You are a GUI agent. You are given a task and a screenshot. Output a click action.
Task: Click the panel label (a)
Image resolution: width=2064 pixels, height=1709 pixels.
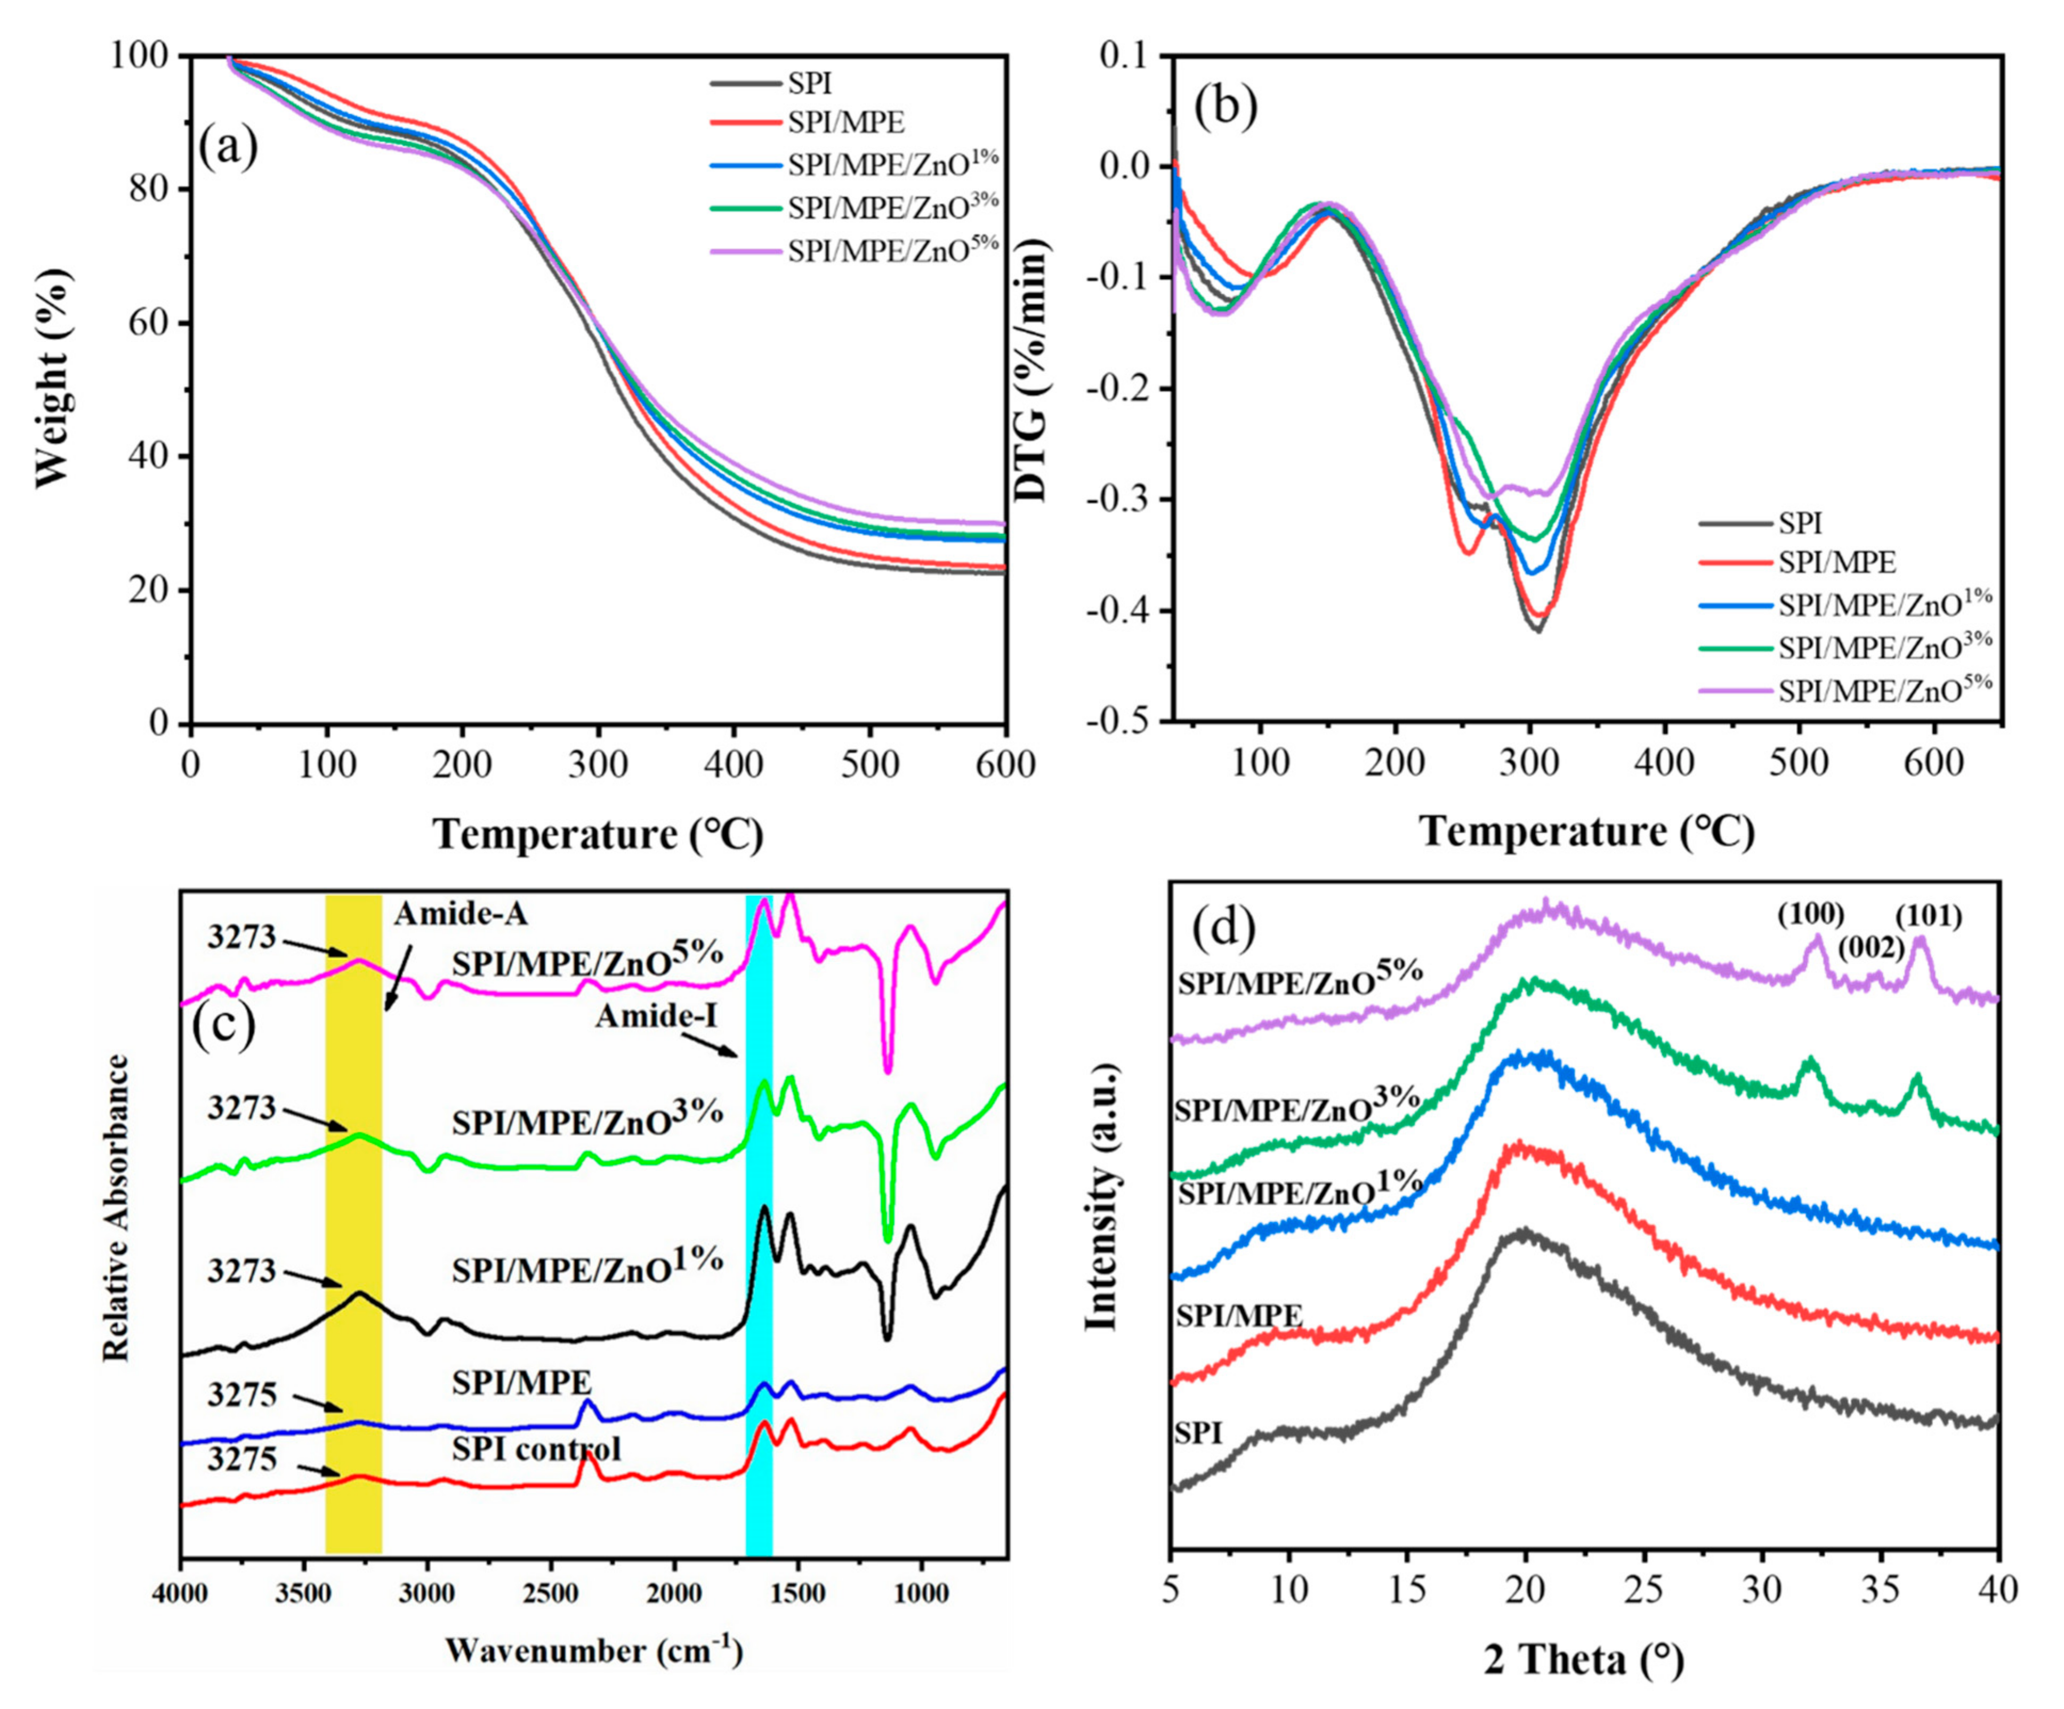coord(228,148)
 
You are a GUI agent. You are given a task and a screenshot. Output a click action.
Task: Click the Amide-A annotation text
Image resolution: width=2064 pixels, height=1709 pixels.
coord(461,914)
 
